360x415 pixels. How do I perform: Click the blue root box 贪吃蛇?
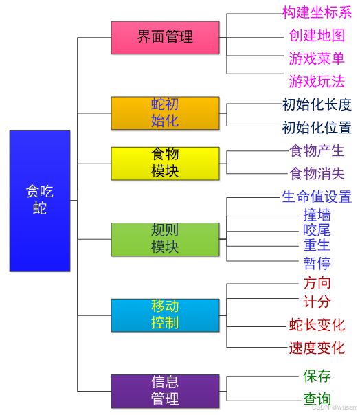[40, 200]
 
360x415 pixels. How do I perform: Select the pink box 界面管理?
[165, 37]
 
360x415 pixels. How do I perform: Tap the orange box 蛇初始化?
[165, 113]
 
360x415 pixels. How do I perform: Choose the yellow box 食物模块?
[165, 163]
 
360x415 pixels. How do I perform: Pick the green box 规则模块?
[165, 239]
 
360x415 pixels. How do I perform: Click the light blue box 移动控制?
[165, 315]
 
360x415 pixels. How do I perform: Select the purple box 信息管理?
[165, 391]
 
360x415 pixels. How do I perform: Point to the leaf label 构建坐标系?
[317, 12]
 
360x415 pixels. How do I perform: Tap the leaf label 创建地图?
[317, 36]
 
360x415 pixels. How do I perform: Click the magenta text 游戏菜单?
[317, 58]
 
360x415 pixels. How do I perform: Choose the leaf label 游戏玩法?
[317, 82]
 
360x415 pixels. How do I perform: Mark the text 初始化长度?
[317, 104]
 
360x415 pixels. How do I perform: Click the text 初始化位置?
[317, 128]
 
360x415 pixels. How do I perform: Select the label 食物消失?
[317, 173]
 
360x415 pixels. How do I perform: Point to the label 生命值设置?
[317, 197]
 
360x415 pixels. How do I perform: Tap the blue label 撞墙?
[317, 215]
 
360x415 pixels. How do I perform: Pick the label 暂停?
[317, 263]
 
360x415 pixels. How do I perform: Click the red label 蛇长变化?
[317, 325]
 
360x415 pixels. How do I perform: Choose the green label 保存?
[317, 376]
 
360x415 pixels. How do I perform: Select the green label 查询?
[317, 399]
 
